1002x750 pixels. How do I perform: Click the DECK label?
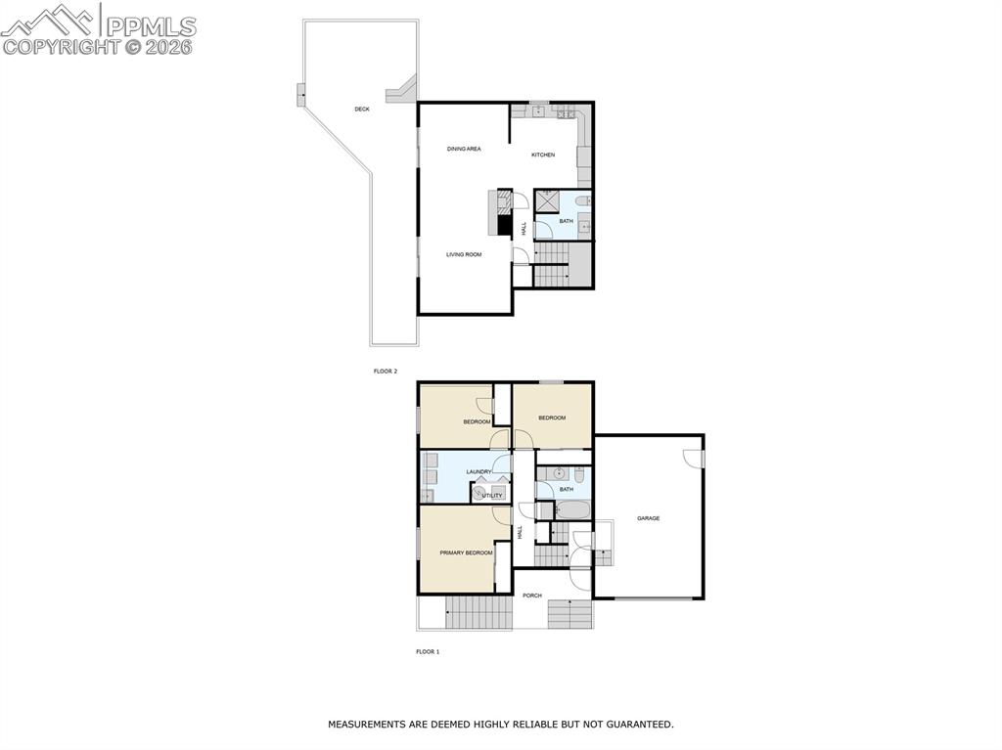[x=362, y=110]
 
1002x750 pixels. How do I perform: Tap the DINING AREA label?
[x=464, y=149]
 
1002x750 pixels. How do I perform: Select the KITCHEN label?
[x=543, y=155]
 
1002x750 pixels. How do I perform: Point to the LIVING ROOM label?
[x=464, y=255]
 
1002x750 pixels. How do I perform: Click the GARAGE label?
[x=648, y=518]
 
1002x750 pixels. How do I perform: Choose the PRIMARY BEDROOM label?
[x=466, y=553]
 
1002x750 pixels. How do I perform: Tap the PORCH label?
[x=531, y=596]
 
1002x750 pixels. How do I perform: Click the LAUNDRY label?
[x=478, y=472]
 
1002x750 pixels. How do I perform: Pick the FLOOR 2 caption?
[x=386, y=372]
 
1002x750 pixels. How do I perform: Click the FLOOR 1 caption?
[x=428, y=651]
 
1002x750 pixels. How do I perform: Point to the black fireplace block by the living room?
[x=505, y=225]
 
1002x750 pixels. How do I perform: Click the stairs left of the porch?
[x=478, y=613]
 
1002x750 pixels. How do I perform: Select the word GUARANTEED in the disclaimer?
[x=636, y=725]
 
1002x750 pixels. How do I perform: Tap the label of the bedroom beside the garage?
[x=552, y=418]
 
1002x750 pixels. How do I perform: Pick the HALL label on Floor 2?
[x=524, y=228]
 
